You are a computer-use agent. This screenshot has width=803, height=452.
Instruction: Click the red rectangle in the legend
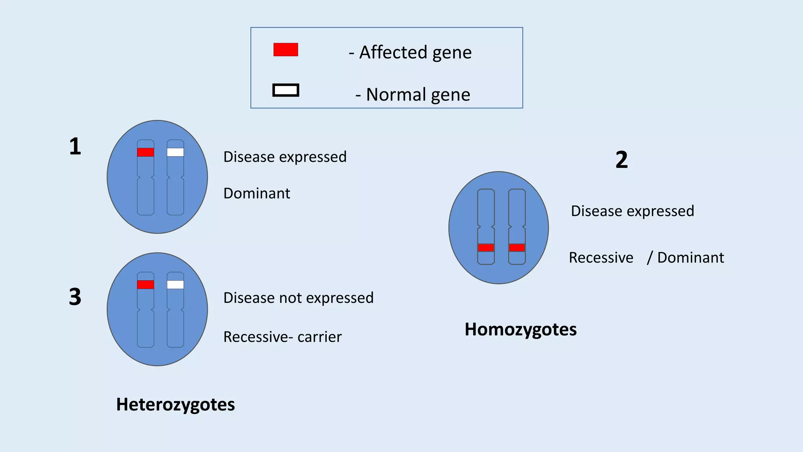click(x=285, y=50)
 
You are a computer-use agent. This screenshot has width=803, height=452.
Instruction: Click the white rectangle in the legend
click(x=285, y=90)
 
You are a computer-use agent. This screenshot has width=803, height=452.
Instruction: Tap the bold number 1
click(x=75, y=146)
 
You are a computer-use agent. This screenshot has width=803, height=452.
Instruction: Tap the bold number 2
click(x=621, y=160)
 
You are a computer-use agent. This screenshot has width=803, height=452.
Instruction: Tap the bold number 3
click(x=75, y=297)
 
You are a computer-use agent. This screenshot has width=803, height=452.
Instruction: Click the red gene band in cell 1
click(x=145, y=152)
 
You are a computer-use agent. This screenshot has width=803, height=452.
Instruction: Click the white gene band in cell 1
click(x=175, y=152)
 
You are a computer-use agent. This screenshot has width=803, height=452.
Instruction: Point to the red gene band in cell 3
click(x=145, y=284)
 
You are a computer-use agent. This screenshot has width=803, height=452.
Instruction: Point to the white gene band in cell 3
click(x=175, y=284)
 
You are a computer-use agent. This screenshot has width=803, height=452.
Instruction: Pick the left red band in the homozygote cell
click(x=486, y=248)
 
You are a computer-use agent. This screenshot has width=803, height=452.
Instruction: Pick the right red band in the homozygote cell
click(x=517, y=248)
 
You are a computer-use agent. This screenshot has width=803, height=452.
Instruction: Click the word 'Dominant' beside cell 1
click(x=257, y=193)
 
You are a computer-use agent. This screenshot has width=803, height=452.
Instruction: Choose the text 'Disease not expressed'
click(x=298, y=298)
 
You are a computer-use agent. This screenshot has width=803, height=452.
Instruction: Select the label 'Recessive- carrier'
click(x=282, y=337)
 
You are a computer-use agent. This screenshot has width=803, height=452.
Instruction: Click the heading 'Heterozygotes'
click(x=175, y=405)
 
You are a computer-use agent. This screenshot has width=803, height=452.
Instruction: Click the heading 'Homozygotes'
click(x=520, y=330)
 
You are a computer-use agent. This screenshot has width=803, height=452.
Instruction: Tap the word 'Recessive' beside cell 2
click(x=601, y=258)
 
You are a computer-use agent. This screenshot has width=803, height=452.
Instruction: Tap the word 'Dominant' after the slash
click(x=690, y=258)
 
